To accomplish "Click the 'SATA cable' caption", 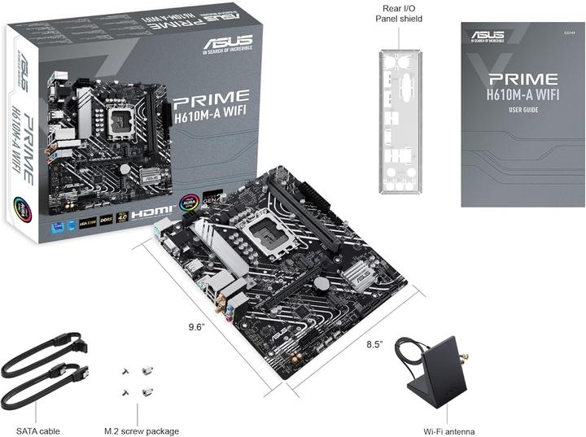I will [38, 430].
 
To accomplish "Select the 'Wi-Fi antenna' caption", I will [449, 430].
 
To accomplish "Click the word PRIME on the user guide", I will [522, 80].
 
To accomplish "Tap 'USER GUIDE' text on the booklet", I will [522, 110].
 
